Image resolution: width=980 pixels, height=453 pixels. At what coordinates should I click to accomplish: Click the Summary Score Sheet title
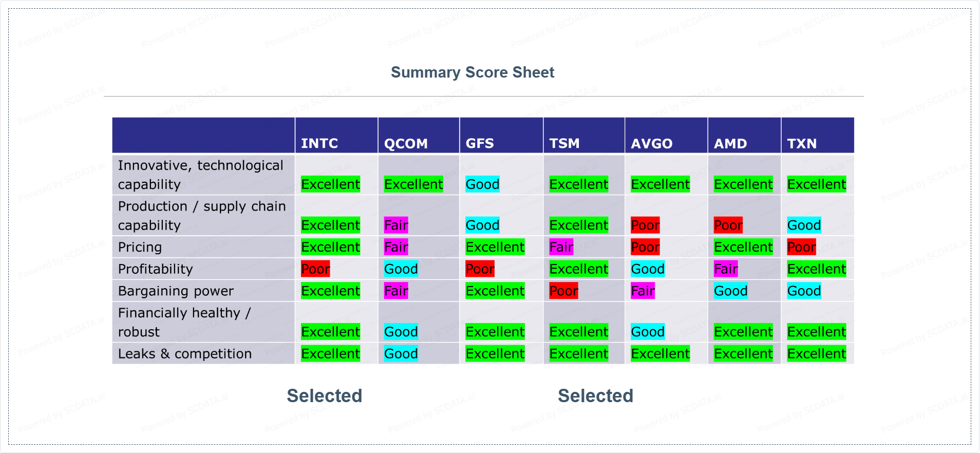point(473,72)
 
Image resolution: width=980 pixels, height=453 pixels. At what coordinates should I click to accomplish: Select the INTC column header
point(319,143)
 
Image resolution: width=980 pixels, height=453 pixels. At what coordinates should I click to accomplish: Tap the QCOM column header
point(406,143)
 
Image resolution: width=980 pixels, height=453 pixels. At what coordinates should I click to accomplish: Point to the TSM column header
point(564,143)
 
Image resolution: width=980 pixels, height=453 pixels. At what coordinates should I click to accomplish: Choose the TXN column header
point(802,143)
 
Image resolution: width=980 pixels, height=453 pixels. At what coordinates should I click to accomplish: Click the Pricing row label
point(140,247)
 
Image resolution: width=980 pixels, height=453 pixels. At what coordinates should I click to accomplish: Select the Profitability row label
point(155,269)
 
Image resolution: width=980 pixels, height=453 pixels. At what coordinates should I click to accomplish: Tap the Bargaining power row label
point(176,291)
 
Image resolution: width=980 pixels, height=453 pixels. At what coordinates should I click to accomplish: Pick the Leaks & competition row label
point(185,354)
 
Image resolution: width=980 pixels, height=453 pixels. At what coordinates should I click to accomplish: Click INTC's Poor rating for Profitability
point(315,269)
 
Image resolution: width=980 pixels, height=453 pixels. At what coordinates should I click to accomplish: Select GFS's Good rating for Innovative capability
point(482,184)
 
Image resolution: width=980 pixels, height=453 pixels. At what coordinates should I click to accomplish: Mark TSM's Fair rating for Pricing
point(561,247)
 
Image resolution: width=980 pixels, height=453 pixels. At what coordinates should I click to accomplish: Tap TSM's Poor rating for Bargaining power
point(564,291)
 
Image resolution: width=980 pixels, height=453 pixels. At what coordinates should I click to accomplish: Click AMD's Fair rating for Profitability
point(726,269)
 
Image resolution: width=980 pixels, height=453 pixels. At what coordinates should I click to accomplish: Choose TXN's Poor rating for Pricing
point(802,247)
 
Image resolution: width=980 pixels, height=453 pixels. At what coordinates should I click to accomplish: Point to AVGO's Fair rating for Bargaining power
point(643,291)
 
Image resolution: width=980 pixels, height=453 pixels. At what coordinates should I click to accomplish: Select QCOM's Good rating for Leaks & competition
point(401,354)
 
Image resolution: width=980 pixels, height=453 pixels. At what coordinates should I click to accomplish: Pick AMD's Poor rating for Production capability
point(728,225)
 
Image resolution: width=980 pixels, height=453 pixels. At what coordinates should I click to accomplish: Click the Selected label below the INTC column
point(325,396)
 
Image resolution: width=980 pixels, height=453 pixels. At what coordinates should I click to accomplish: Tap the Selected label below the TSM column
point(596,396)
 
